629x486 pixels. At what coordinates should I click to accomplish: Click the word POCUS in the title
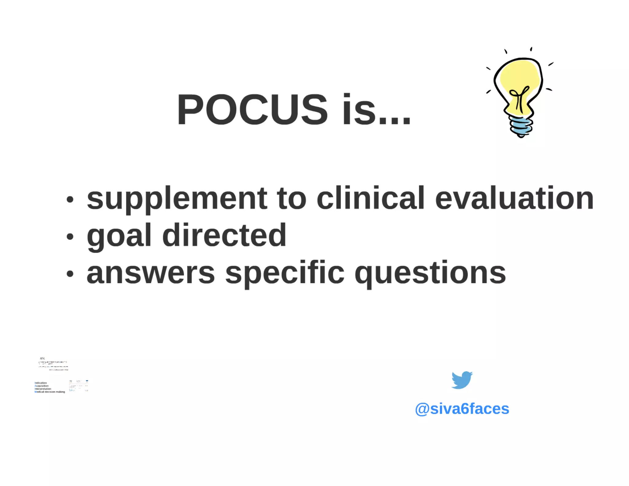pyautogui.click(x=252, y=110)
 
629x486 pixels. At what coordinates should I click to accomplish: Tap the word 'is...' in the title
pyautogui.click(x=376, y=110)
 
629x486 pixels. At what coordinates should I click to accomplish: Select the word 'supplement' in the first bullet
pyautogui.click(x=177, y=199)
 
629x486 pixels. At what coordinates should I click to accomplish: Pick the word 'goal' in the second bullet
pyautogui.click(x=119, y=236)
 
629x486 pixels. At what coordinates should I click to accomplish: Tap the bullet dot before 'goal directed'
pyautogui.click(x=70, y=237)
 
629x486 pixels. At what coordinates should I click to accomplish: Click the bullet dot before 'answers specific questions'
pyautogui.click(x=70, y=273)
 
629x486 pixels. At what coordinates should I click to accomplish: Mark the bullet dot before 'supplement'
pyautogui.click(x=70, y=200)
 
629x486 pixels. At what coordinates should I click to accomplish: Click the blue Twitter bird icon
pyautogui.click(x=462, y=380)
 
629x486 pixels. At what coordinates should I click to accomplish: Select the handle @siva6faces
pyautogui.click(x=462, y=409)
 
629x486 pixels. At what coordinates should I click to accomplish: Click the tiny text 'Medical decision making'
pyautogui.click(x=50, y=392)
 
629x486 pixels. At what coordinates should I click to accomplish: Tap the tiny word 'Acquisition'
pyautogui.click(x=42, y=386)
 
